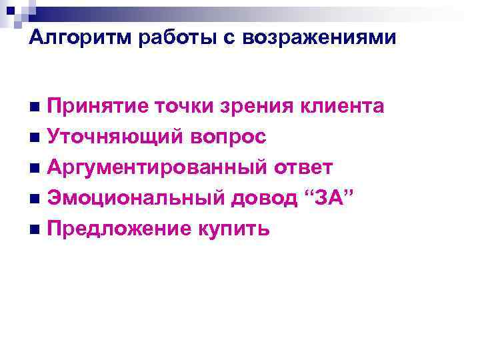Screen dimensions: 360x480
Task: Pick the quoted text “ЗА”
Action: pyautogui.click(x=329, y=198)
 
